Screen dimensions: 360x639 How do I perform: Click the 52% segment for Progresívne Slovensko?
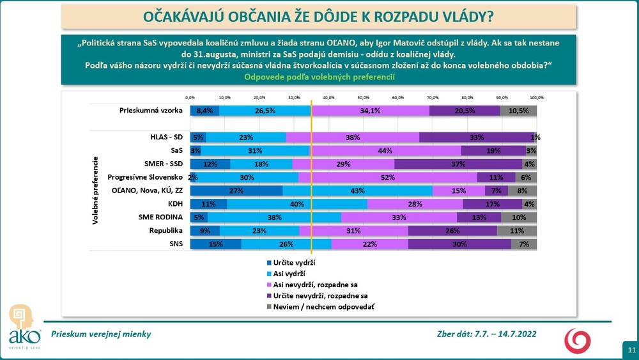point(388,177)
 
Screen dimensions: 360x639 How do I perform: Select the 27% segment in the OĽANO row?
point(236,191)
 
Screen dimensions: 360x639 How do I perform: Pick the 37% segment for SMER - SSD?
point(458,164)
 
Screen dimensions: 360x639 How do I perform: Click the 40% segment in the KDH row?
point(296,204)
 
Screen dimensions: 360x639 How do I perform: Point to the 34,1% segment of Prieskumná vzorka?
point(370,111)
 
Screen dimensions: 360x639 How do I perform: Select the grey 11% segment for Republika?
point(517,231)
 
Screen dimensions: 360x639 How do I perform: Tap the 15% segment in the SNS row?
point(215,244)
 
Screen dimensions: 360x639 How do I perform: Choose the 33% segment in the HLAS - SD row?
point(476,137)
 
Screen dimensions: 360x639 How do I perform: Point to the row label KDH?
point(176,204)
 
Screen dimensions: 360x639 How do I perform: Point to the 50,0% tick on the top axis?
point(363,98)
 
